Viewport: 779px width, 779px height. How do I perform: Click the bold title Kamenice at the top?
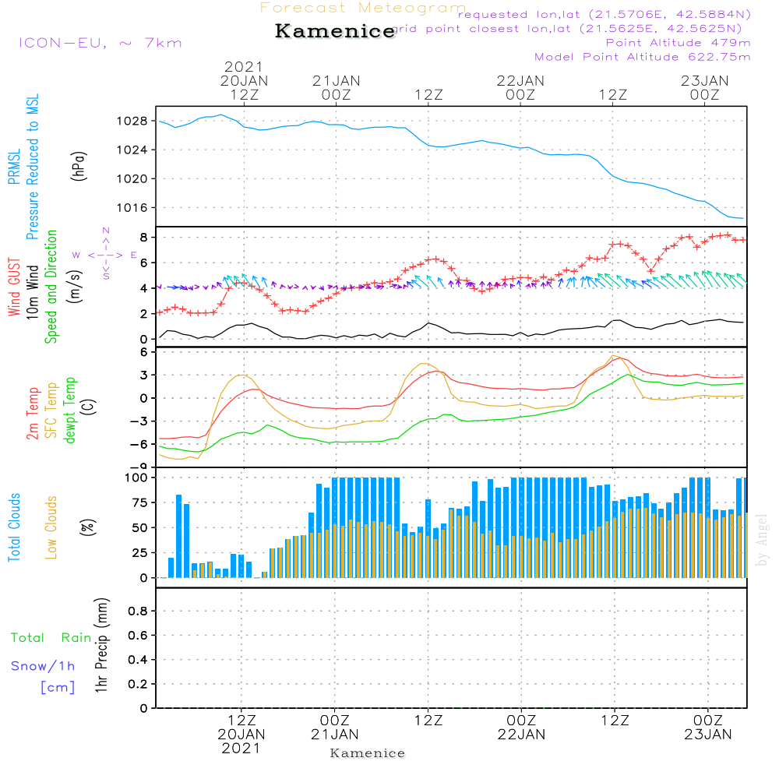[x=335, y=32]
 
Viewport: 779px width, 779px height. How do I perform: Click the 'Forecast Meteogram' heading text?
[x=363, y=8]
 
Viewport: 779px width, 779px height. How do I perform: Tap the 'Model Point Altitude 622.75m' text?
[x=643, y=57]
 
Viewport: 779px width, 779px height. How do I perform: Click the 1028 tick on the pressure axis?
[x=134, y=122]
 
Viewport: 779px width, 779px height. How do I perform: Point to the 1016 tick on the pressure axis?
[x=134, y=208]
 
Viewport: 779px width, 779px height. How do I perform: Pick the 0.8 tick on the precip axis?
[x=138, y=612]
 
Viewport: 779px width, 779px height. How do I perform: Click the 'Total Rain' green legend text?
[x=51, y=638]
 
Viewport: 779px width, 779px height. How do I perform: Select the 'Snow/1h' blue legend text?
[x=43, y=666]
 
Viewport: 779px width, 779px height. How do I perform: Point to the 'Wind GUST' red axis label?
[x=14, y=288]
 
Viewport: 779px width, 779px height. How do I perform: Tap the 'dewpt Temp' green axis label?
[x=70, y=410]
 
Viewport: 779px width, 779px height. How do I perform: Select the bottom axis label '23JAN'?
[x=707, y=734]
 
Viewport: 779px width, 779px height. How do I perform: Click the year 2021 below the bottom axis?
[x=241, y=748]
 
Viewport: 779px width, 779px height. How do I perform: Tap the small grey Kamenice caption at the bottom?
[x=368, y=753]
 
